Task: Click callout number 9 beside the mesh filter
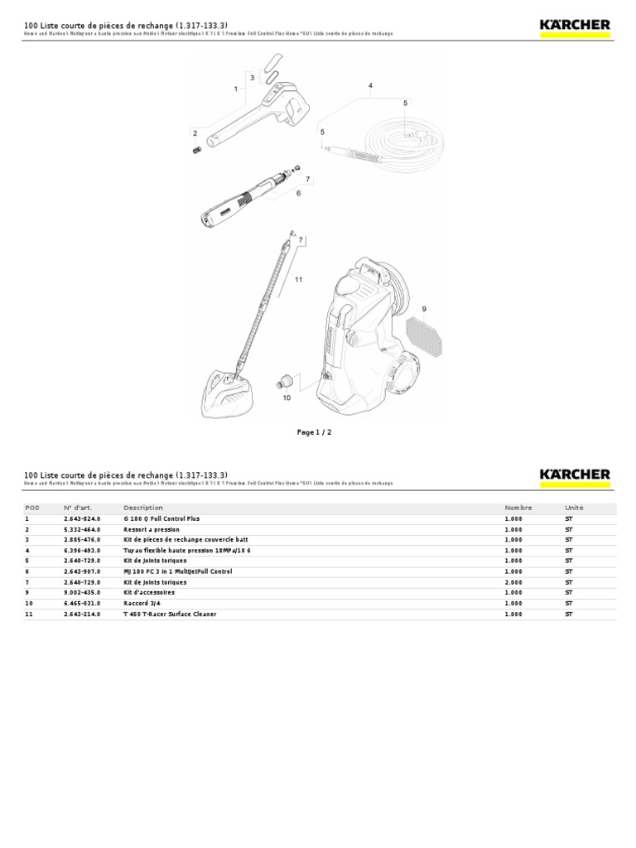[x=423, y=309]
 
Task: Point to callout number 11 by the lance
[x=298, y=279]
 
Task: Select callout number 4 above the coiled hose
[x=371, y=85]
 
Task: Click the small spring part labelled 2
[x=197, y=149]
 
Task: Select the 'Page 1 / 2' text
[x=315, y=431]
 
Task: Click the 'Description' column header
[x=143, y=508]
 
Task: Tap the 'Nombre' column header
[x=518, y=508]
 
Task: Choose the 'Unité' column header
[x=574, y=508]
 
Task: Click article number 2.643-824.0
[x=82, y=518]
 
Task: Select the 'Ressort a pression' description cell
[x=152, y=529]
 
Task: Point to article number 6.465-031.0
[x=82, y=604]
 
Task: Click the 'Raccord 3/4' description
[x=142, y=604]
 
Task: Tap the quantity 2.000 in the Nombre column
[x=514, y=582]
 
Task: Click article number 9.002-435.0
[x=82, y=593]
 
